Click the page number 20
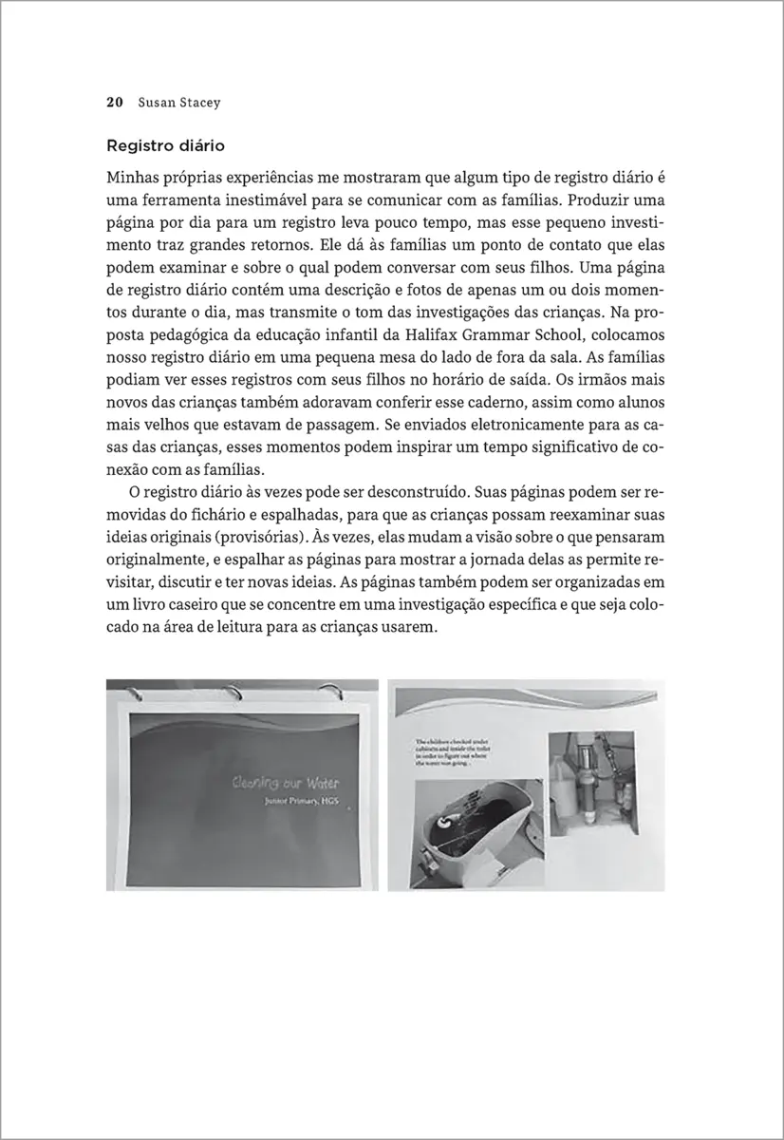pyautogui.click(x=113, y=102)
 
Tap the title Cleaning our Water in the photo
pyautogui.click(x=286, y=784)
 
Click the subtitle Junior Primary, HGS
pyautogui.click(x=302, y=803)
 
